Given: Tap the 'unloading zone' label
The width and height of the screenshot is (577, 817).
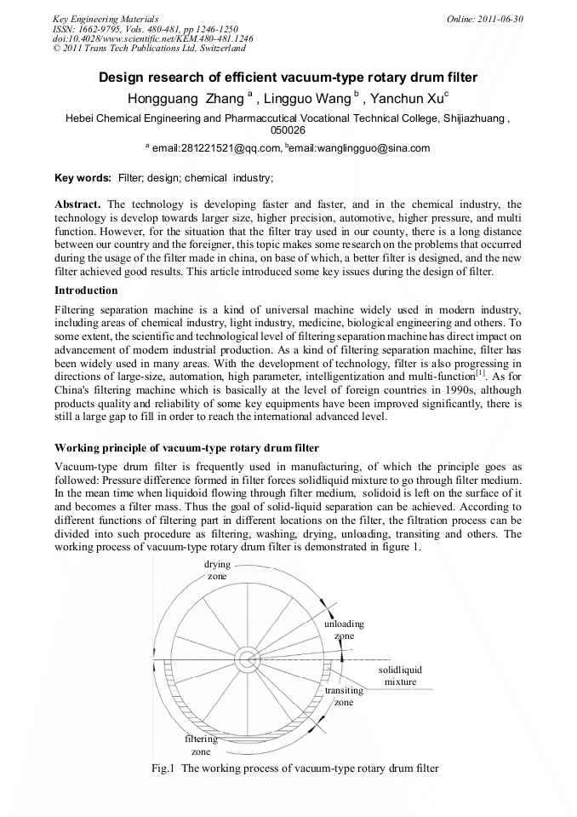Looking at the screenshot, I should [x=344, y=630].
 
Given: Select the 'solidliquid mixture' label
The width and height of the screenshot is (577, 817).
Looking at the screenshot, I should [x=399, y=676].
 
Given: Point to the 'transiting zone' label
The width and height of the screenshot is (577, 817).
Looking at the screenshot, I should [x=343, y=696].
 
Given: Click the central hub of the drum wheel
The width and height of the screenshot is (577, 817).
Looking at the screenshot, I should [x=248, y=659].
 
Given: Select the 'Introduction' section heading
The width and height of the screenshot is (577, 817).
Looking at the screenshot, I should [x=86, y=291].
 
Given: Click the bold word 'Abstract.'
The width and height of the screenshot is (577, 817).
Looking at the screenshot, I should [x=78, y=205].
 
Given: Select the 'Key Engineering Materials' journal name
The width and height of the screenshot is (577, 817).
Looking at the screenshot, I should [x=106, y=18].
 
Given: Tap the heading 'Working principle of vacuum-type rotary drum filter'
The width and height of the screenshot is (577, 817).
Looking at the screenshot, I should [x=186, y=448].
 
